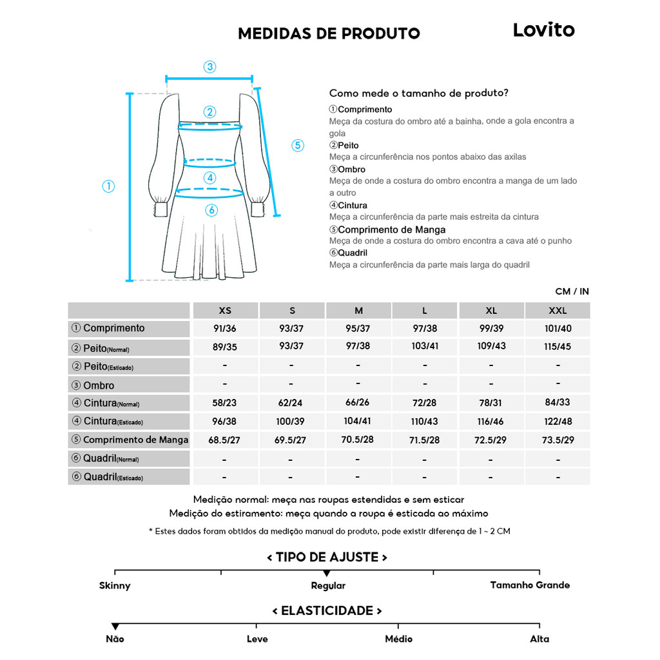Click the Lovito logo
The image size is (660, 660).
[x=543, y=30]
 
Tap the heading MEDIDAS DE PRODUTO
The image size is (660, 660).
[x=329, y=34]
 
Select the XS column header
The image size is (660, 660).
[x=225, y=311]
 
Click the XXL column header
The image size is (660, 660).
[x=558, y=311]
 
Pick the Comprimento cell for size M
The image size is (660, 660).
[x=358, y=328]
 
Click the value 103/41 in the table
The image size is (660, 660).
[x=425, y=346]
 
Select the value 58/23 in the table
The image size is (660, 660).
[x=224, y=403]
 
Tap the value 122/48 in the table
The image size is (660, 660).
[x=558, y=422]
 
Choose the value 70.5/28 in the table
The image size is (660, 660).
[x=358, y=440]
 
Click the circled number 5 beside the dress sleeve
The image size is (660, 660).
[x=298, y=145]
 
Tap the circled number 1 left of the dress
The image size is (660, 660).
[x=108, y=186]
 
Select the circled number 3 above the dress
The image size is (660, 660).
[x=209, y=66]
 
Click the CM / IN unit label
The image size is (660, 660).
[x=572, y=291]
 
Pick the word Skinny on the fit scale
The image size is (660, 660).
[x=115, y=585]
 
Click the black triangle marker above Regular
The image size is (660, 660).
[x=327, y=573]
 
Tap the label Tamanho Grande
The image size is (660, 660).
[x=530, y=585]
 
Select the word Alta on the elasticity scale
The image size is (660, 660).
[x=539, y=639]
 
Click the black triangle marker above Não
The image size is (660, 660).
[x=115, y=626]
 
